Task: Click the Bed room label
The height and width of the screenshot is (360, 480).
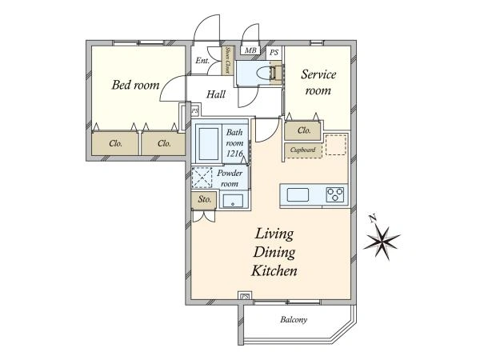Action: (x=135, y=85)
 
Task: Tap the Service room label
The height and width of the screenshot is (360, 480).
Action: (x=318, y=82)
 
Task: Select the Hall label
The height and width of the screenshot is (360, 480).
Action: (x=216, y=94)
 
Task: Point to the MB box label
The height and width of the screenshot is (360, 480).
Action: (x=250, y=50)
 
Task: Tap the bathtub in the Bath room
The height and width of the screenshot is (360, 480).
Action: (x=209, y=143)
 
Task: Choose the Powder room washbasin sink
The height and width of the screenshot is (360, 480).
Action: (x=233, y=201)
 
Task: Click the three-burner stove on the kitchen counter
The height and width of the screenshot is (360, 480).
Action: (x=335, y=194)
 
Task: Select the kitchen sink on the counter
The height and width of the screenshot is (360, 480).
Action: (x=298, y=194)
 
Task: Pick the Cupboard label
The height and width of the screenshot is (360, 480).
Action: (x=302, y=150)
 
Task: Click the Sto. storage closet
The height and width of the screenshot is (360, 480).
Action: (x=204, y=200)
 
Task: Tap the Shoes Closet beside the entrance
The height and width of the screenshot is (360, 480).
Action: (x=227, y=60)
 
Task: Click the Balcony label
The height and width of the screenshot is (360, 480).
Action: (x=294, y=319)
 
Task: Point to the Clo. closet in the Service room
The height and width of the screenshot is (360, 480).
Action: (x=303, y=131)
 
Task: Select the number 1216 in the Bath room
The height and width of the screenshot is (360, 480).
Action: (x=234, y=154)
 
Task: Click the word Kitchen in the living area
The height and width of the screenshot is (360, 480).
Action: (x=274, y=271)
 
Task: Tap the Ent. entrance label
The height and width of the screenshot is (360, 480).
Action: (x=202, y=61)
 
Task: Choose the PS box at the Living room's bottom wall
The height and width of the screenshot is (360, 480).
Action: (x=245, y=296)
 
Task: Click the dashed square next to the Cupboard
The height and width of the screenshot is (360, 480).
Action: (x=336, y=145)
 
